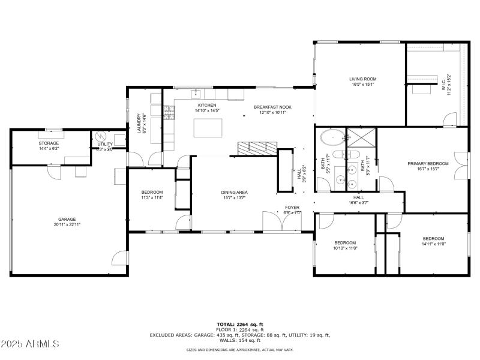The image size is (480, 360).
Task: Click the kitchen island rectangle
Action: point(208,127)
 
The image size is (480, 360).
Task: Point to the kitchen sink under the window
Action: point(196,94)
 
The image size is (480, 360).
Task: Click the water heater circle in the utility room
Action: point(101,136)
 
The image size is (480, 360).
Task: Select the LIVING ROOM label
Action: point(362,79)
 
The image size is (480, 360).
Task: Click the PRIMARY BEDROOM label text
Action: point(428,164)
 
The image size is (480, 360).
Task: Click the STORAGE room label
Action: point(49,143)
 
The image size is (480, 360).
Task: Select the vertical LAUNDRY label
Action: point(139,124)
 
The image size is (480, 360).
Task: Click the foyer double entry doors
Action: point(274,223)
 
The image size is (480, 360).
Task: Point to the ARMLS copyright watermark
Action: point(30,344)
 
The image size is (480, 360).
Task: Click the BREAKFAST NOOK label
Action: point(272,106)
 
